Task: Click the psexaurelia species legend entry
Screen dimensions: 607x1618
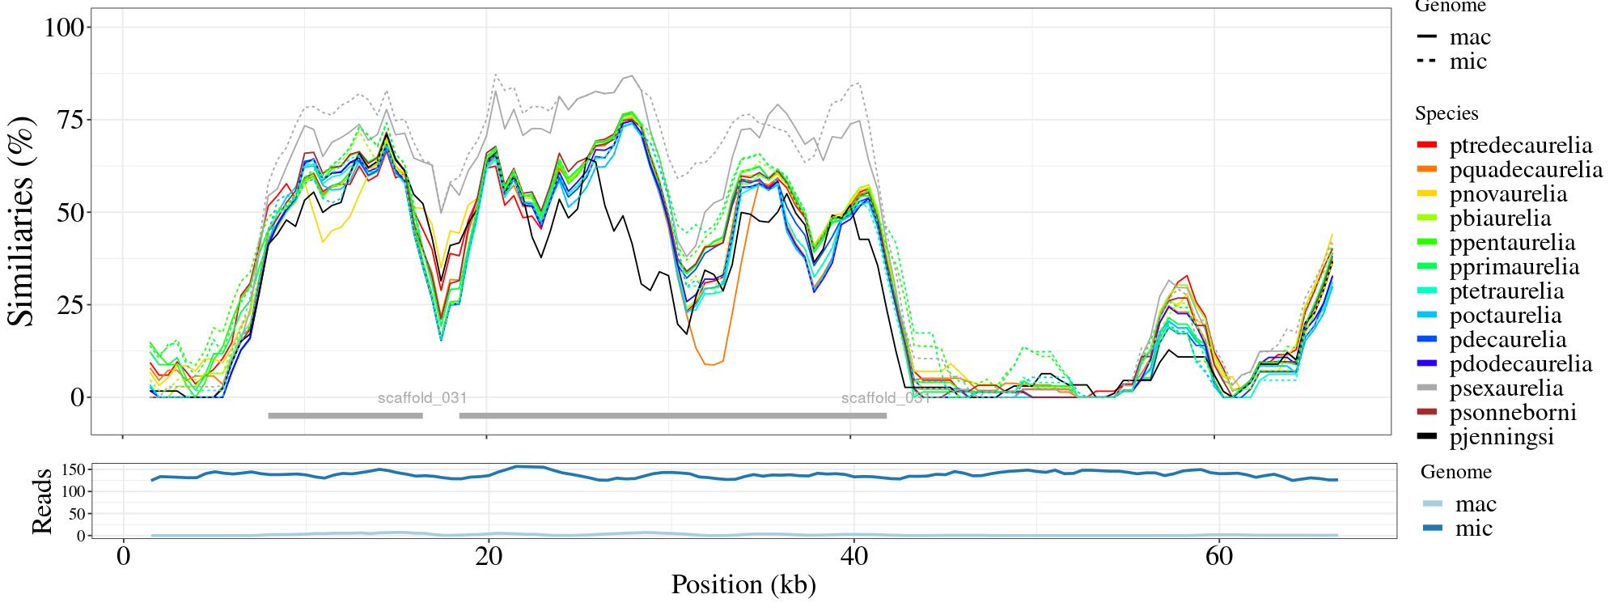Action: tap(1506, 388)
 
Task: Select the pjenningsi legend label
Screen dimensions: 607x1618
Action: tap(1502, 437)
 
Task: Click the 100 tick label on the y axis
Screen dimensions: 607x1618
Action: tap(64, 28)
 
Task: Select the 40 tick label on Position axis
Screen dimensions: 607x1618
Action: tap(850, 558)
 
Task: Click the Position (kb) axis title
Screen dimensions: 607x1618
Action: tap(743, 585)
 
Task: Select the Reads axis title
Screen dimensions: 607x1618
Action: tap(41, 501)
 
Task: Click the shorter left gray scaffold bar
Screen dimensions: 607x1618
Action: tap(345, 416)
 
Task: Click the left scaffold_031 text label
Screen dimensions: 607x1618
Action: tap(422, 398)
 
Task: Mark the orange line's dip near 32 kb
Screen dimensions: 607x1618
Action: tap(709, 364)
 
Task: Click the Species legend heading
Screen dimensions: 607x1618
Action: tap(1446, 113)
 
